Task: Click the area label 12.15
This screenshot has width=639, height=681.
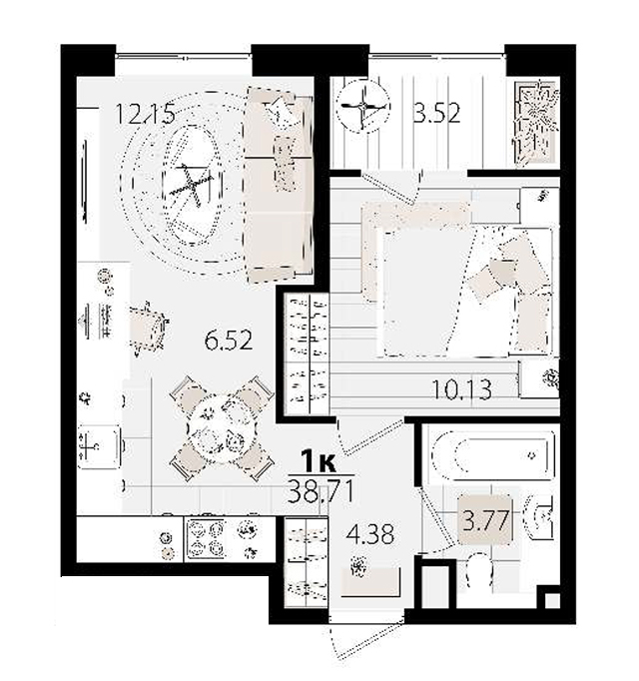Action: (x=145, y=114)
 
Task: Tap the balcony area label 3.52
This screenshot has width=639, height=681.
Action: (x=436, y=113)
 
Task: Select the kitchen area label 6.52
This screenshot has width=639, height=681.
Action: (x=229, y=340)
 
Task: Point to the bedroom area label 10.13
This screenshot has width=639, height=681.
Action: (x=462, y=389)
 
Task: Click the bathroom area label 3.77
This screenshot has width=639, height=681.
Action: (x=485, y=520)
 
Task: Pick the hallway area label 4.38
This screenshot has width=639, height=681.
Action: (x=370, y=533)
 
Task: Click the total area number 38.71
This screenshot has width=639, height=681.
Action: (x=320, y=492)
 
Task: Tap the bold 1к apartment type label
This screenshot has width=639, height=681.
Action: (x=319, y=461)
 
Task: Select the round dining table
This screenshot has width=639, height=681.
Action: (x=222, y=429)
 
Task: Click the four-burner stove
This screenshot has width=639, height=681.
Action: (x=206, y=538)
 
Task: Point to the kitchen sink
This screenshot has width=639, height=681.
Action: (x=99, y=446)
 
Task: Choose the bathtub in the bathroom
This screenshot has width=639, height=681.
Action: (x=492, y=455)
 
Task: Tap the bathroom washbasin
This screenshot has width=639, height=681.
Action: (x=538, y=517)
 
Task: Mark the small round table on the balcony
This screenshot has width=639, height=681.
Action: (x=363, y=107)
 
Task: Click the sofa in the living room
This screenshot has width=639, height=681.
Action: (x=279, y=185)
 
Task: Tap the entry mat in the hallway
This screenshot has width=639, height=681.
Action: (x=370, y=581)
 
